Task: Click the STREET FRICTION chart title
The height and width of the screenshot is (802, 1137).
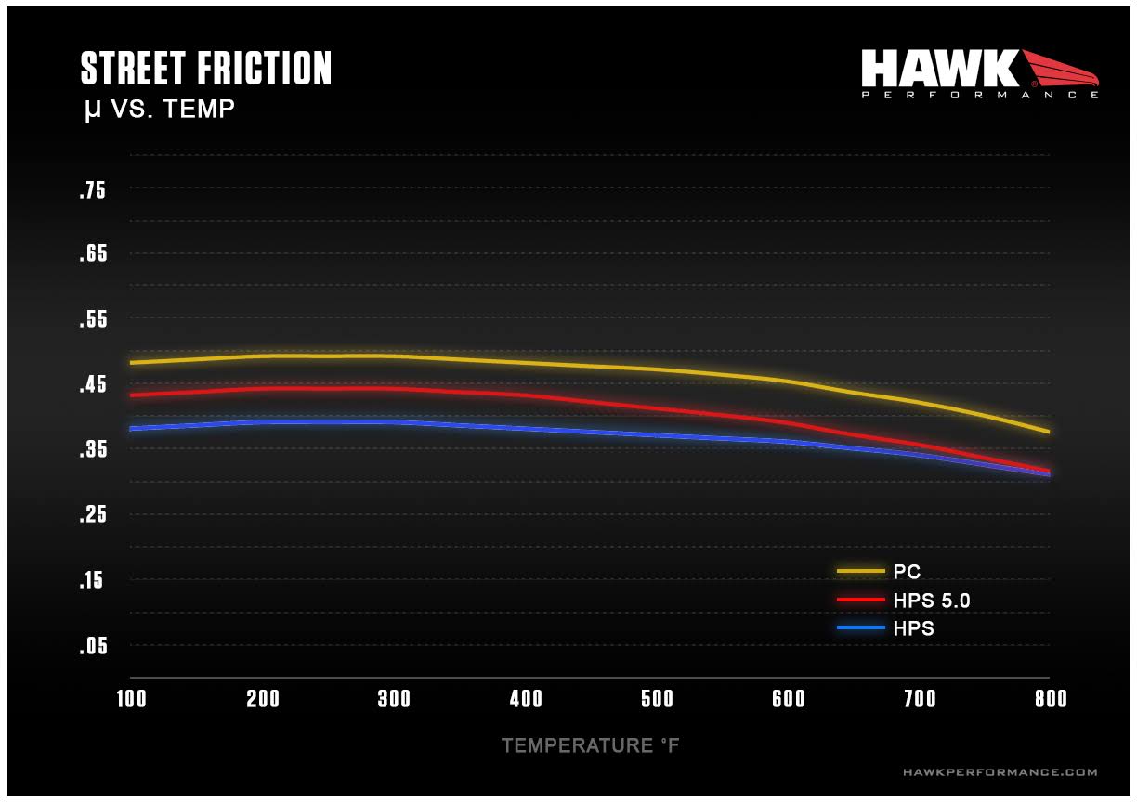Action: click(205, 70)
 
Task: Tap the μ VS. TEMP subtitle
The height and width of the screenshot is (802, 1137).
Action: click(159, 110)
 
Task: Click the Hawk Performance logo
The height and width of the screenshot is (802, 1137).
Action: click(979, 73)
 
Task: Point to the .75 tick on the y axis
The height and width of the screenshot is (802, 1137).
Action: click(93, 191)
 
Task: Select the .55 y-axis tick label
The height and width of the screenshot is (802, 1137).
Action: click(93, 319)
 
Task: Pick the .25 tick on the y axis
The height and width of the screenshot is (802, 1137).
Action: click(93, 515)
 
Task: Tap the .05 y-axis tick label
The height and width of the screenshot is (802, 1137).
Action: click(93, 646)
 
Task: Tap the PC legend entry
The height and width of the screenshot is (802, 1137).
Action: click(906, 572)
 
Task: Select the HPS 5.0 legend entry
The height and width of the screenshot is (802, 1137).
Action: click(931, 601)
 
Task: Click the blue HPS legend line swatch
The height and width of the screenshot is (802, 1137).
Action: click(860, 628)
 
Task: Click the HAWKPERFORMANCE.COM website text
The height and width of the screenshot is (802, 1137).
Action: click(1000, 772)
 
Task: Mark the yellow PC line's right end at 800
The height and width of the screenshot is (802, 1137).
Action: click(1049, 432)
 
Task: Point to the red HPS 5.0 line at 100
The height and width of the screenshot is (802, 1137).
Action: click(131, 395)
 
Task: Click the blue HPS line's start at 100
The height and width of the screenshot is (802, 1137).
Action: click(131, 428)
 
